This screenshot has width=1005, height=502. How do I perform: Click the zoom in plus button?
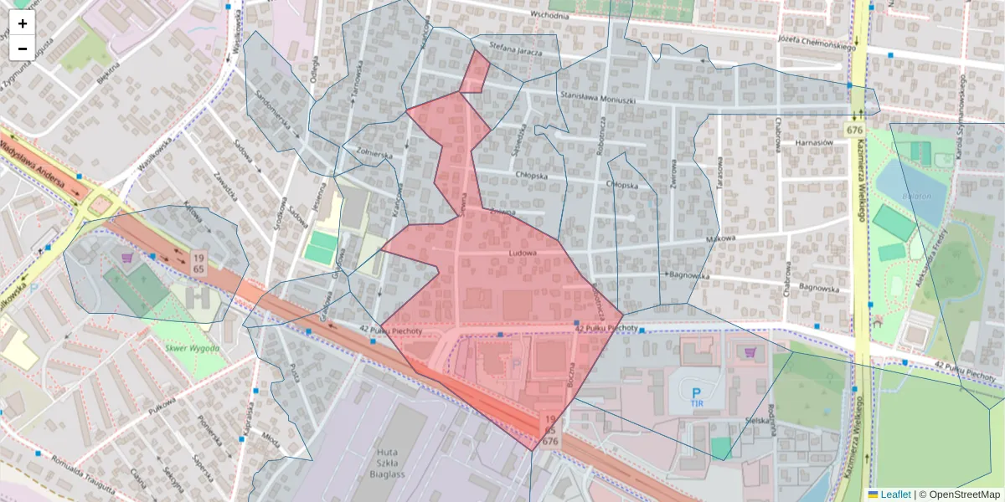coord(23,23)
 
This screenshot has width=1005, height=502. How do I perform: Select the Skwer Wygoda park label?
coord(192,348)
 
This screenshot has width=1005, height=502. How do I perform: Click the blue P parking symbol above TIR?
coord(695,392)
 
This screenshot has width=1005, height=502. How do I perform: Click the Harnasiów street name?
coord(812,143)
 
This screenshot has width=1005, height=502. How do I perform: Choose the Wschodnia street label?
coord(549,15)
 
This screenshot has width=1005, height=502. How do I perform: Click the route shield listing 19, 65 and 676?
coord(549,428)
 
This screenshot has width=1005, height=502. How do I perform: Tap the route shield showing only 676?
coord(854,131)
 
